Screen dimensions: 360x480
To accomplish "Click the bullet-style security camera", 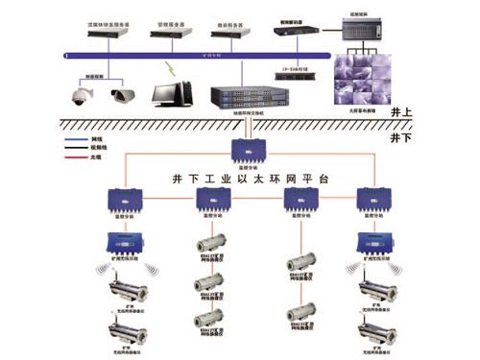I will pyautogui.click(x=123, y=94).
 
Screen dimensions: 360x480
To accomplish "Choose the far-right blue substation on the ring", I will pyautogui.click(x=370, y=199).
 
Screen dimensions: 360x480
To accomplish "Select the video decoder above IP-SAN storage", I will pyautogui.click(x=293, y=30).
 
